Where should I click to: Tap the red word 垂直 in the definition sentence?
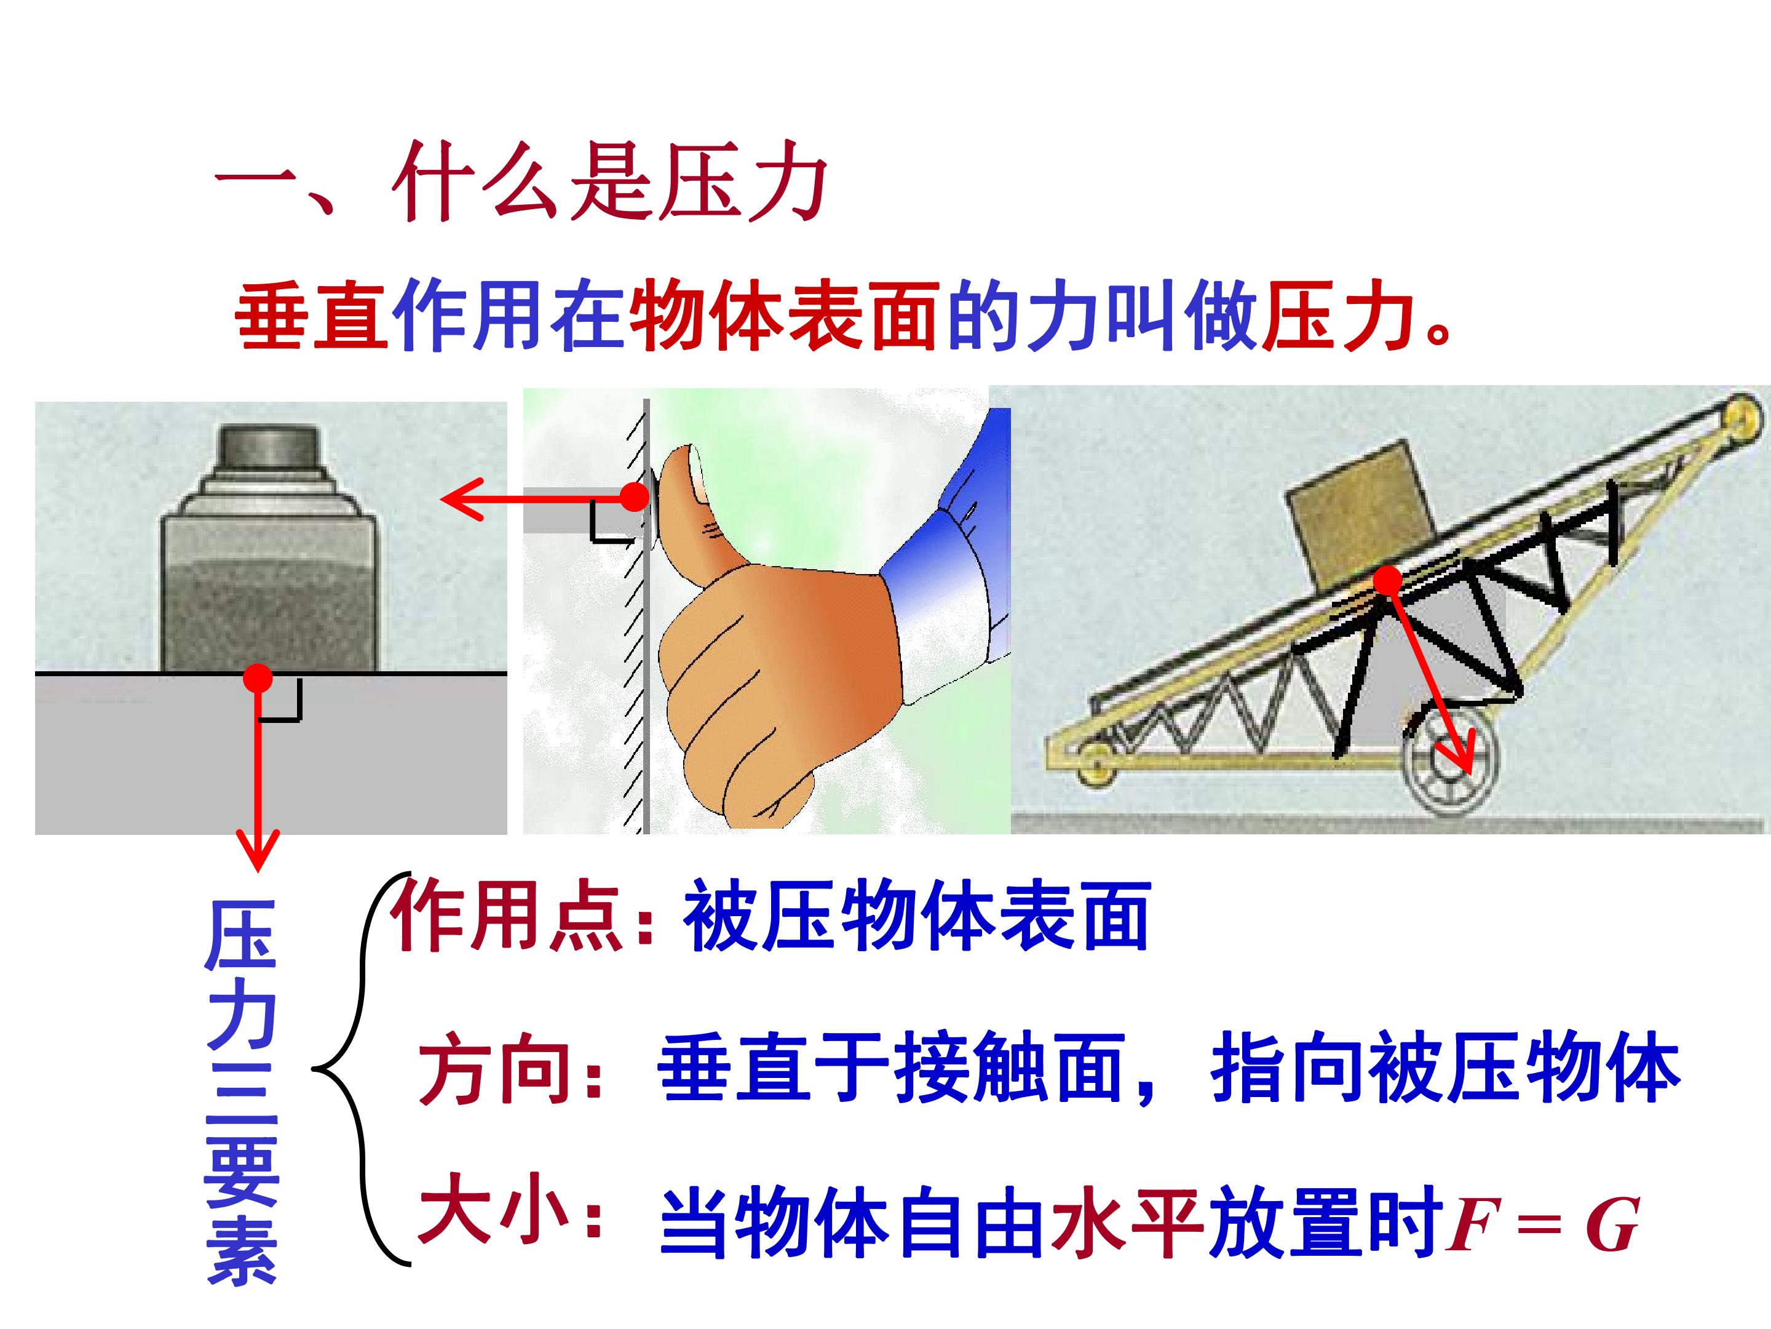312,316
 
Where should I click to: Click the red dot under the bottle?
258,679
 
